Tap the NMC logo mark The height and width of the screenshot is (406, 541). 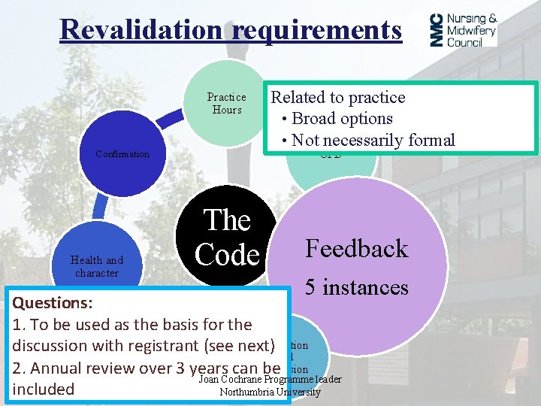[437, 30]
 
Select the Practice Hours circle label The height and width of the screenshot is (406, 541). [226, 103]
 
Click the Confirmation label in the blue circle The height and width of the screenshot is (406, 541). [122, 154]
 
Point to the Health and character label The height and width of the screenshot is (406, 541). [97, 266]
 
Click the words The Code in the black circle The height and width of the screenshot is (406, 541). [227, 237]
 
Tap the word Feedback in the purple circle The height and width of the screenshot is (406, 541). [356, 249]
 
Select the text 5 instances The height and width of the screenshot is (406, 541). [356, 287]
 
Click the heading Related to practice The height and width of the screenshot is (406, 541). [337, 97]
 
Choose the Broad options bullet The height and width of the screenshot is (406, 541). [342, 118]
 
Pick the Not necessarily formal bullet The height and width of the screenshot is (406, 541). [373, 140]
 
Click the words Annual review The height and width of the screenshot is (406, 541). [77, 368]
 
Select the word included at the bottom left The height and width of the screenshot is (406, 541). [44, 389]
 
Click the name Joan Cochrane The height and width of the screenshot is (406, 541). [231, 380]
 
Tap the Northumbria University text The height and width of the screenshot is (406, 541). [270, 392]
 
